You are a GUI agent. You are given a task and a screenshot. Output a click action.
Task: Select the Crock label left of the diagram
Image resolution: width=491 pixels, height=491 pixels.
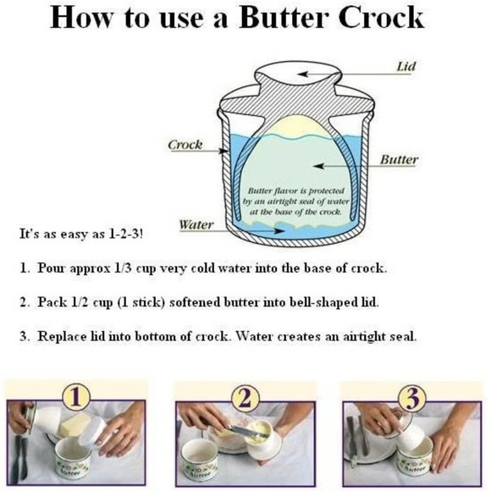pyautogui.click(x=185, y=145)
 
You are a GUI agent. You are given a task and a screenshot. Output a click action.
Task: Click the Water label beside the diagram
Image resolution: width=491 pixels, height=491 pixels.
pyautogui.click(x=196, y=224)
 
